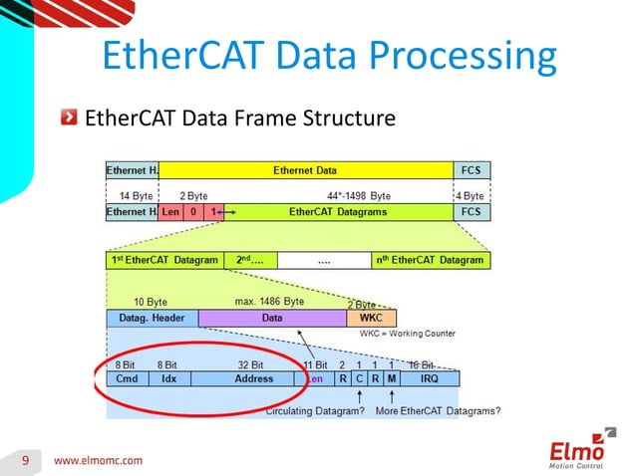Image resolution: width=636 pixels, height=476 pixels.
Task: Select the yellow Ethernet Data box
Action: coord(305,170)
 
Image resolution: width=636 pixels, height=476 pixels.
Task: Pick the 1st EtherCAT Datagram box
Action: coord(163,261)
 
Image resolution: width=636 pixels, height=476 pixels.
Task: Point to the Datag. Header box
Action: coord(152,319)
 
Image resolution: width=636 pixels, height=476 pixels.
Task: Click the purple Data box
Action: coord(272,319)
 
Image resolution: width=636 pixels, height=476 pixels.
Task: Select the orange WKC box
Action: coord(370,319)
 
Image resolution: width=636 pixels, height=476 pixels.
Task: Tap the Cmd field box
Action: coord(127,379)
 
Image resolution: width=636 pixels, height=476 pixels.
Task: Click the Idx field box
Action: coord(169,379)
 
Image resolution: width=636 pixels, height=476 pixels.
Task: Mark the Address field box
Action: coord(253,379)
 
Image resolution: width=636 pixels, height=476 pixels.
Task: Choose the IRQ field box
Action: coord(430,379)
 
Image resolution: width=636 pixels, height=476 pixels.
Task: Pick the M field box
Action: coord(392,379)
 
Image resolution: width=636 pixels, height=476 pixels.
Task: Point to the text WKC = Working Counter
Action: coord(408,334)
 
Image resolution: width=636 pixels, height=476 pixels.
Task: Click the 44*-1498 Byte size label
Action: coord(358,196)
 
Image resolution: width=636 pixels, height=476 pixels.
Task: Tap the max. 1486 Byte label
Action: coord(269,302)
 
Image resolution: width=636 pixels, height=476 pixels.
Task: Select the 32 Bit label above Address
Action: coord(250,365)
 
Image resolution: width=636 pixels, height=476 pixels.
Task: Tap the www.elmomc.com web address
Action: coord(98,461)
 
